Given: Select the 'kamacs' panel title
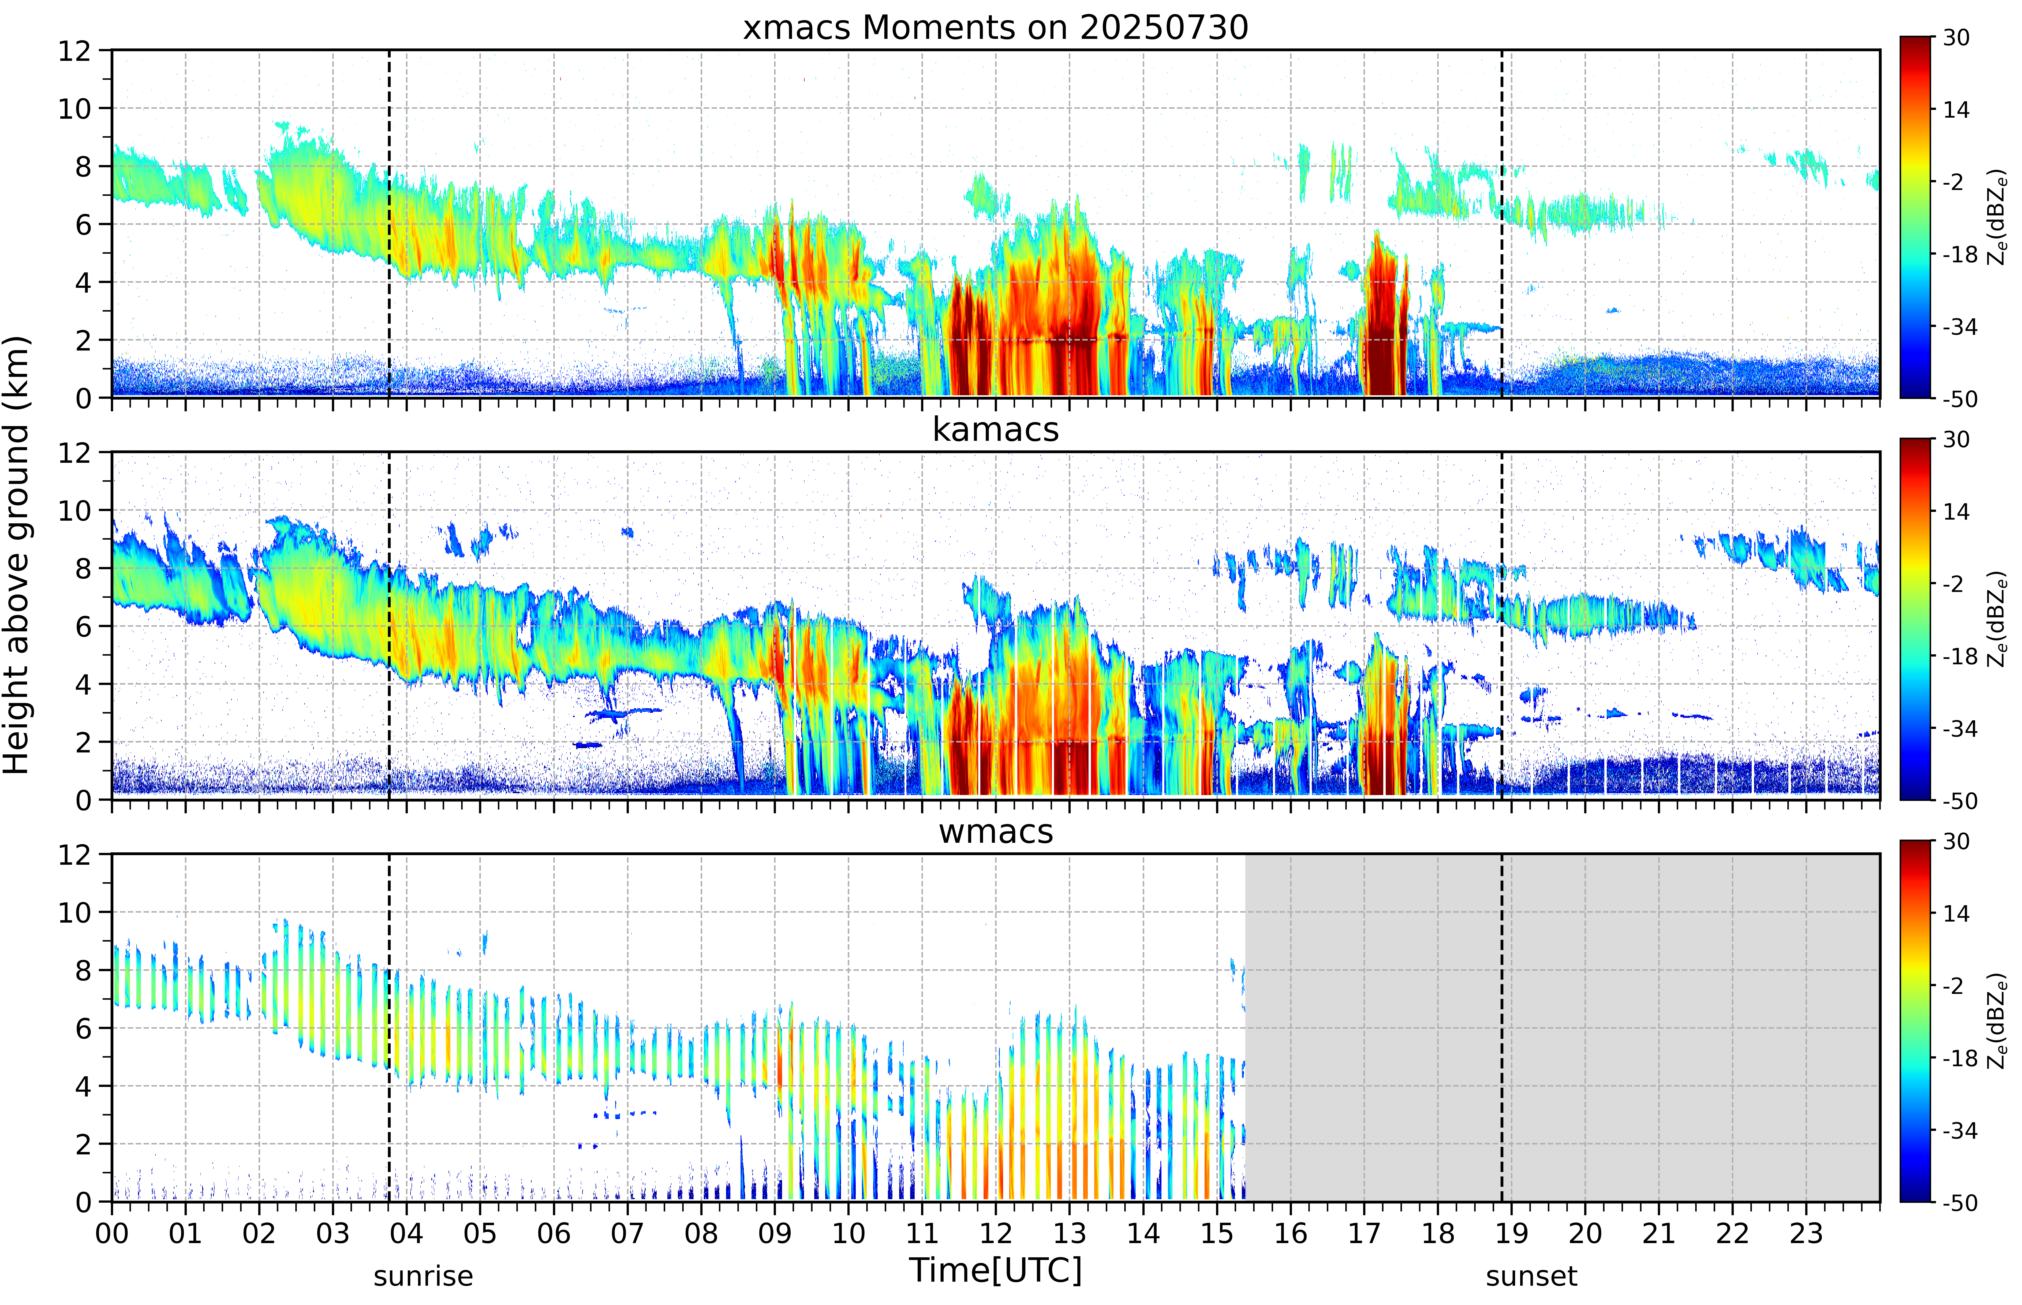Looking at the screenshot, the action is pos(995,430).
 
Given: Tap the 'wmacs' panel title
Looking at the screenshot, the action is pos(995,831).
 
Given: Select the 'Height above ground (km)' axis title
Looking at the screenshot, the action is pos(17,555).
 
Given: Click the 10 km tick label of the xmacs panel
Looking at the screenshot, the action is pos(74,109).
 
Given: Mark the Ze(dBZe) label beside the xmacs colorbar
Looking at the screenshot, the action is pos(1997,217).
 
